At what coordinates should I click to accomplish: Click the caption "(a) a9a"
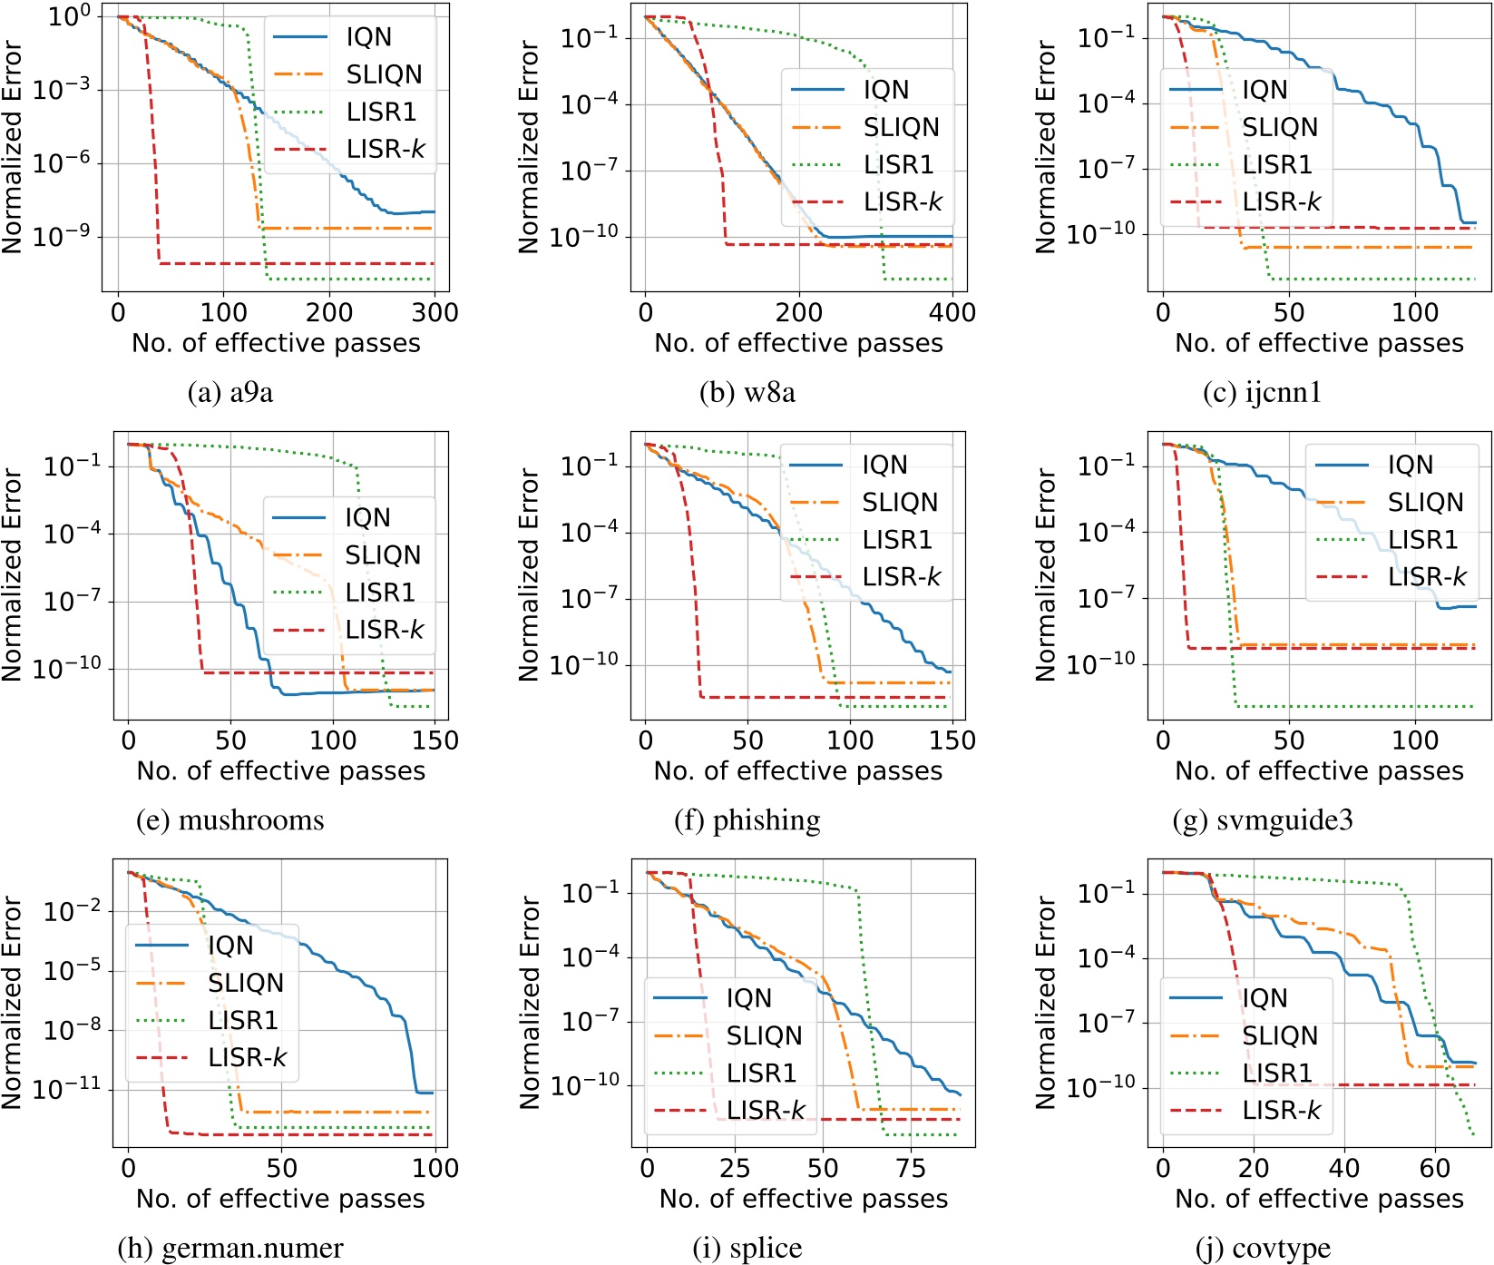click(229, 392)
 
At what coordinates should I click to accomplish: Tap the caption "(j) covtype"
click(1263, 1249)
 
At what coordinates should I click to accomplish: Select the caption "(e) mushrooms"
click(229, 820)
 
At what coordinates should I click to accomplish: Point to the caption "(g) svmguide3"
click(1262, 820)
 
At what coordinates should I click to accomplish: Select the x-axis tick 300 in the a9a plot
click(435, 312)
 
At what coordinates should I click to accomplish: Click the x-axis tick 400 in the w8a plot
click(952, 312)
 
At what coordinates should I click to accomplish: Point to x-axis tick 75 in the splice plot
click(910, 1168)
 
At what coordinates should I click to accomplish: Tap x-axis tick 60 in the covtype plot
click(1434, 1168)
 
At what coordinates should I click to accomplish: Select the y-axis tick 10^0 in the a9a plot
click(70, 16)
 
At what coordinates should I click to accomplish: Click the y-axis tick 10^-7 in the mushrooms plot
click(72, 601)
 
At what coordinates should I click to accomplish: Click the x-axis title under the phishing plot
click(797, 771)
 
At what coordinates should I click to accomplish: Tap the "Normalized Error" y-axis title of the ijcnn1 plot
click(1046, 147)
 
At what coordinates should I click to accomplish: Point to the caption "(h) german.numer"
click(230, 1249)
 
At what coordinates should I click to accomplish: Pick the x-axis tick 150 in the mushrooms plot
click(435, 740)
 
